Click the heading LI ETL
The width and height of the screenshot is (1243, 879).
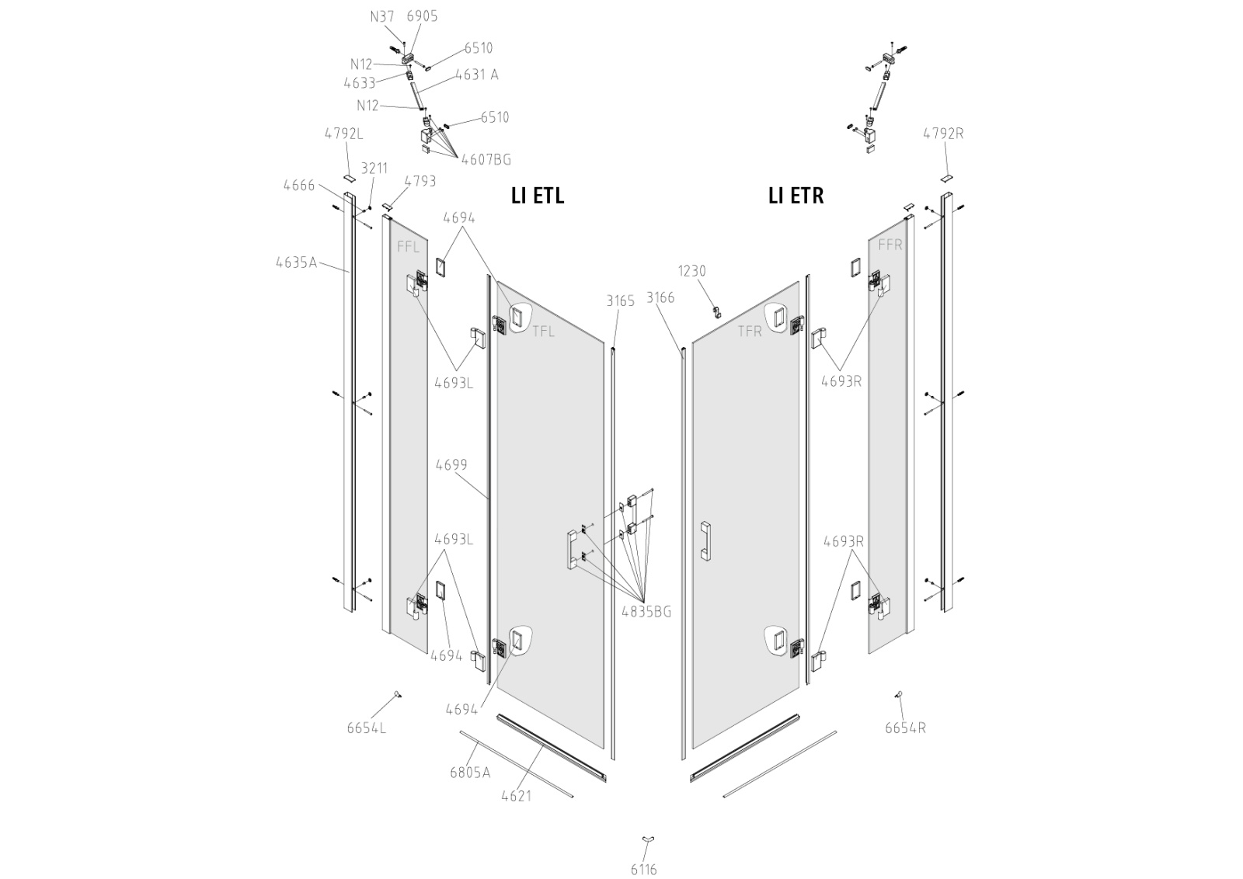(537, 196)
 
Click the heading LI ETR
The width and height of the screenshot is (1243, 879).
(796, 196)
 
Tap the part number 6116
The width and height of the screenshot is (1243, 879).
(643, 869)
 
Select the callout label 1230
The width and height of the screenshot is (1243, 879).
(691, 270)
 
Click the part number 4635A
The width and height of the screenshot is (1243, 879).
(296, 262)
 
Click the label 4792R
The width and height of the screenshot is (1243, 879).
(942, 133)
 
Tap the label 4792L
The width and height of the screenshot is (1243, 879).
(343, 133)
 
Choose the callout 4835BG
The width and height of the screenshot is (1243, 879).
(646, 611)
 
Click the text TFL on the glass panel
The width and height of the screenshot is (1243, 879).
(544, 332)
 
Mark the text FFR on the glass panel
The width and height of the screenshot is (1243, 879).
(890, 244)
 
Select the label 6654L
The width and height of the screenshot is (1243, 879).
(366, 728)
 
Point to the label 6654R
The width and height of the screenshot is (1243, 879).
(905, 728)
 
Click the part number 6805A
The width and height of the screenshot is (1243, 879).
(470, 772)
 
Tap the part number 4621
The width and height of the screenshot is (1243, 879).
(516, 795)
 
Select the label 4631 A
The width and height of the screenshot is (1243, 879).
(476, 75)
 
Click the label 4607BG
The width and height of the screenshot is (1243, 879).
(486, 159)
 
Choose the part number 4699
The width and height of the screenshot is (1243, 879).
(451, 464)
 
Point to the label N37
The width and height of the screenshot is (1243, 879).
(382, 16)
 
